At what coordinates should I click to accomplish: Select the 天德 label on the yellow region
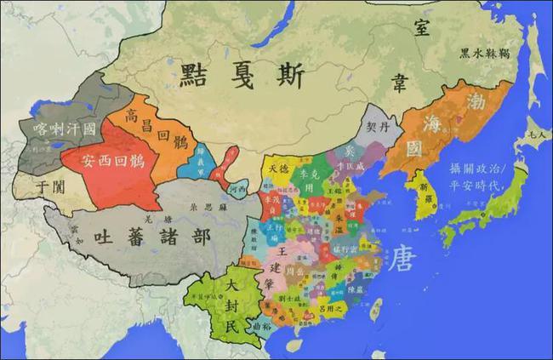(x=279, y=169)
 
